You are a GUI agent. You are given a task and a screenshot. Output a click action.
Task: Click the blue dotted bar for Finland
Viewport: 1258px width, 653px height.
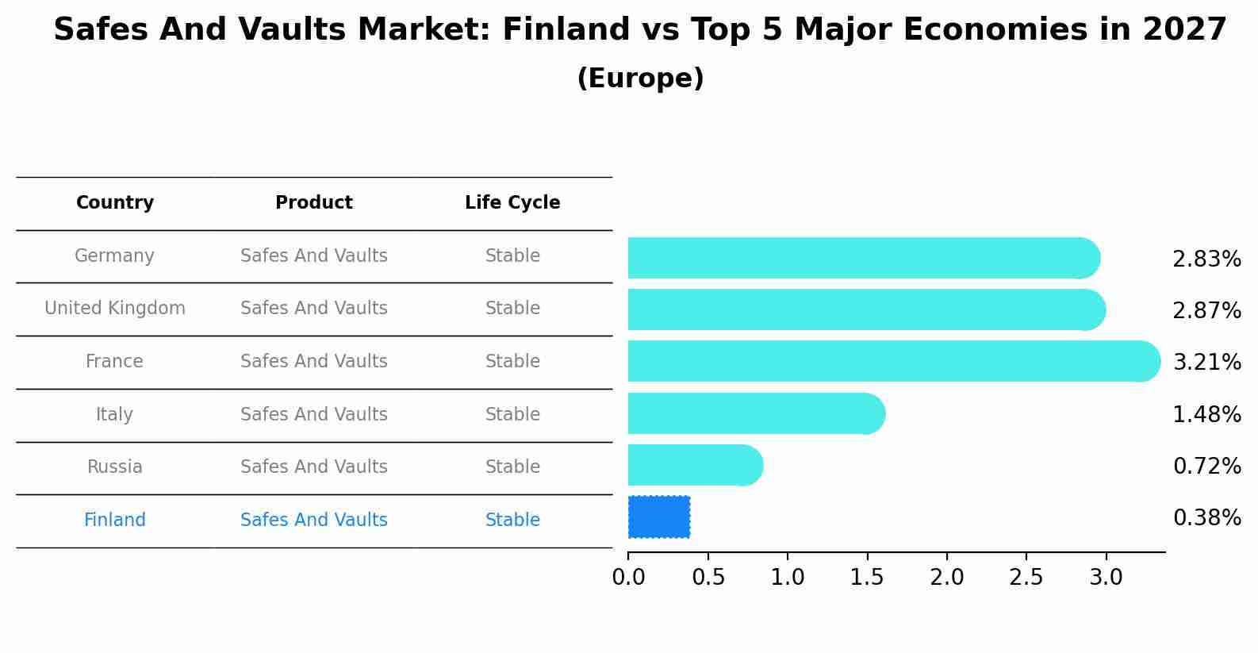point(659,517)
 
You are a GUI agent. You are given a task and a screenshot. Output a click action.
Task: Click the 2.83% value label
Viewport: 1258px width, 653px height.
point(1206,259)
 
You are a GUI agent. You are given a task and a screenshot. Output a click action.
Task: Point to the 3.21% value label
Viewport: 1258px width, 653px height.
point(1206,363)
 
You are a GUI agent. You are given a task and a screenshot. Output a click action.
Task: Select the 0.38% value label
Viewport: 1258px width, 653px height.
point(1206,518)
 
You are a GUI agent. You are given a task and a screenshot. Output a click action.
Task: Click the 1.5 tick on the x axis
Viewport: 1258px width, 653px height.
point(867,578)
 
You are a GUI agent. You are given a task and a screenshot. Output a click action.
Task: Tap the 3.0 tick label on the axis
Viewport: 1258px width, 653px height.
point(1106,578)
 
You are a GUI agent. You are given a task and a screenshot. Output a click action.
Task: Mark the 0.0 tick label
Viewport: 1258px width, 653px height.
point(628,578)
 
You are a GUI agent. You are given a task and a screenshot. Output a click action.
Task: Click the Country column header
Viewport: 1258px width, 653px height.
point(115,203)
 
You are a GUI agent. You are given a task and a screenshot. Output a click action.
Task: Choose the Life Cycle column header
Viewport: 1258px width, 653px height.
point(512,203)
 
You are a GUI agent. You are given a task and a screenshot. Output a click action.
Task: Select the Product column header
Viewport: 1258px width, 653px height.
point(314,203)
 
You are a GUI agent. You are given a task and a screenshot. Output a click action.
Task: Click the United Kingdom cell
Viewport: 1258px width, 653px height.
point(115,309)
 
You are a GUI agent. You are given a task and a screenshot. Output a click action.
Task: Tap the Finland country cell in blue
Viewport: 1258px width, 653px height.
point(115,520)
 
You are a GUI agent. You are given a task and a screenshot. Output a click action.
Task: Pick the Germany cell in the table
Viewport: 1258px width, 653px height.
point(115,256)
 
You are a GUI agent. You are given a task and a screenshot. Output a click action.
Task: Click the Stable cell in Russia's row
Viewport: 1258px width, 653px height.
point(512,467)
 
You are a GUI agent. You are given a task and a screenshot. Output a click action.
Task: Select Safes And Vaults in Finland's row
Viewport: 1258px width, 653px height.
point(314,520)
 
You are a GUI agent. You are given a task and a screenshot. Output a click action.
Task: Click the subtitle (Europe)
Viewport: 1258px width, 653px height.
point(640,79)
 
